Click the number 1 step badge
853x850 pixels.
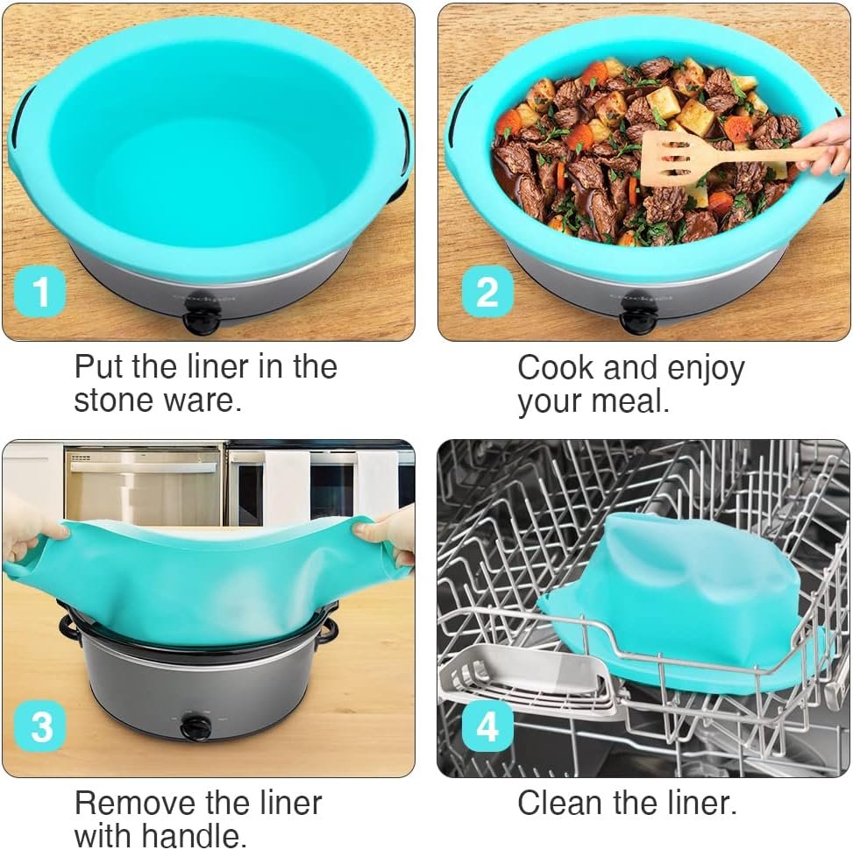pyautogui.click(x=41, y=294)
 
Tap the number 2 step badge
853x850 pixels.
pyautogui.click(x=487, y=292)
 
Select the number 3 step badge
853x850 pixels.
pyautogui.click(x=41, y=727)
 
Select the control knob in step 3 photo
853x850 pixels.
pyautogui.click(x=195, y=727)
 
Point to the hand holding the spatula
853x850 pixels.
pyautogui.click(x=828, y=145)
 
